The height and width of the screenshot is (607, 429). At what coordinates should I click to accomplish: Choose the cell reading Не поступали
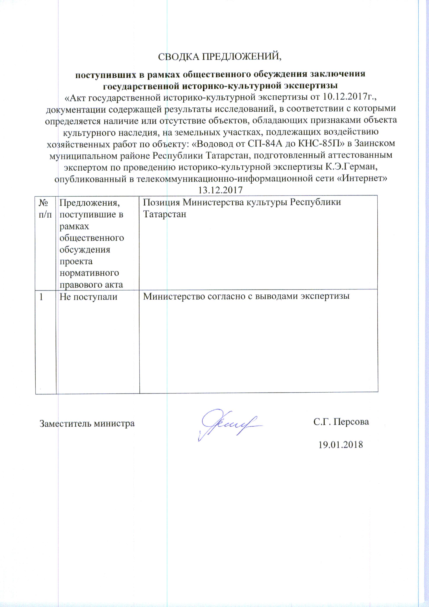click(x=88, y=297)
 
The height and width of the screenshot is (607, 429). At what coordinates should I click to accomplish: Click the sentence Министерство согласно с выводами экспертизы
click(x=246, y=296)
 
